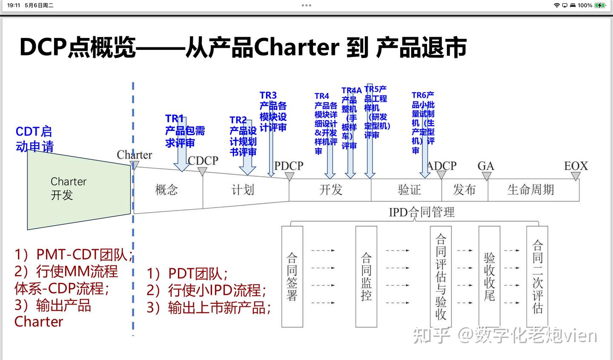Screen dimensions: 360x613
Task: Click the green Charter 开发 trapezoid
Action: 79,190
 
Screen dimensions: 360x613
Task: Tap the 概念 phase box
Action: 166,190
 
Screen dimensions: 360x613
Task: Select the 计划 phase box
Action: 243,190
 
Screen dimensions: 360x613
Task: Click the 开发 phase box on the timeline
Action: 331,190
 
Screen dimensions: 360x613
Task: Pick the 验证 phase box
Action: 409,190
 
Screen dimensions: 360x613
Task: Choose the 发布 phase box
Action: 464,190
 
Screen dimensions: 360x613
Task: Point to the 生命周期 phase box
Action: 531,190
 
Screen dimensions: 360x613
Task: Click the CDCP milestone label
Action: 203,161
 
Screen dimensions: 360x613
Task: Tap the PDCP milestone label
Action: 289,166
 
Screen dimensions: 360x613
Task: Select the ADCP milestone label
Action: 441,166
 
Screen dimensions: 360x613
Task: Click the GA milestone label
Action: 486,166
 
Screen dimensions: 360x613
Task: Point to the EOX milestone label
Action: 576,166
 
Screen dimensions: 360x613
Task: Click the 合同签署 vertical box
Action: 292,276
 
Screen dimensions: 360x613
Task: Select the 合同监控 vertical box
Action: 366,276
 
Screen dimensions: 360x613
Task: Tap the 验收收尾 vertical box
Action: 489,276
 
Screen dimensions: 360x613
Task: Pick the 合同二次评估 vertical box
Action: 537,276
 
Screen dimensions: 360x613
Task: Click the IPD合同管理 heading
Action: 421,212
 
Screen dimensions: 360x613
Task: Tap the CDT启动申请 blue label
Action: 34,139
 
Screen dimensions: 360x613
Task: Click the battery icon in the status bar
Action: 600,6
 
